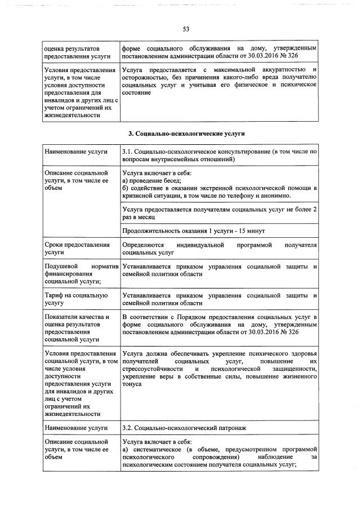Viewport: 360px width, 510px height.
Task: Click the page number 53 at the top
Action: point(185,29)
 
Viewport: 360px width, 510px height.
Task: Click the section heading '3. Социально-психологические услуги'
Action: point(186,134)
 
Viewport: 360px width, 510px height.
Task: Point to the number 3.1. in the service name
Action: point(128,152)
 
